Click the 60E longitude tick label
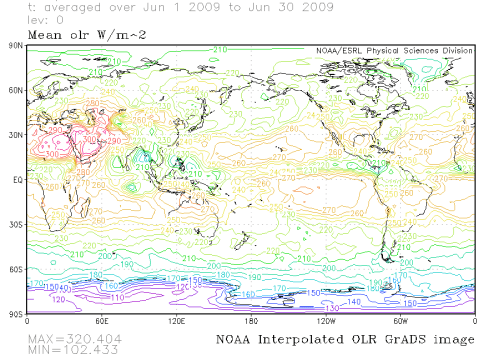point(100,321)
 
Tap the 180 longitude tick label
point(250,321)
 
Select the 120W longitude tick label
point(325,321)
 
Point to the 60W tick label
point(400,321)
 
